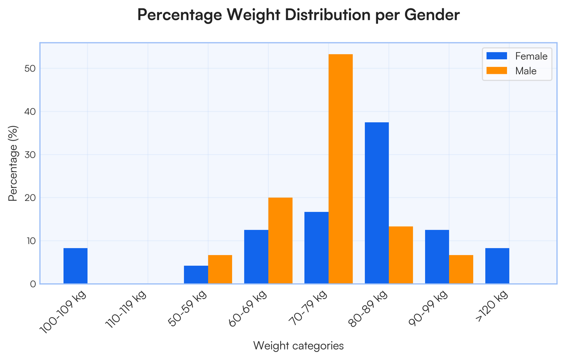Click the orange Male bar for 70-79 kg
340,169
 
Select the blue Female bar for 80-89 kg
377,203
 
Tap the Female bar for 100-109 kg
75,266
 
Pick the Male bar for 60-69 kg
280,240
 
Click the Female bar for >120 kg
497,266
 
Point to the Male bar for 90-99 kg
461,269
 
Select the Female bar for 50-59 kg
196,274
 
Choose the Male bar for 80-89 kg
401,255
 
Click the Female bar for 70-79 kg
316,248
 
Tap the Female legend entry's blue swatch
496,56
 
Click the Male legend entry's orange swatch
496,71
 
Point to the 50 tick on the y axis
30,69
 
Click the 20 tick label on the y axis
30,198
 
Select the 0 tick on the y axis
32,284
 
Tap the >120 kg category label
492,304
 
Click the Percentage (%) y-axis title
14,163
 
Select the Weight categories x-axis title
298,346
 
